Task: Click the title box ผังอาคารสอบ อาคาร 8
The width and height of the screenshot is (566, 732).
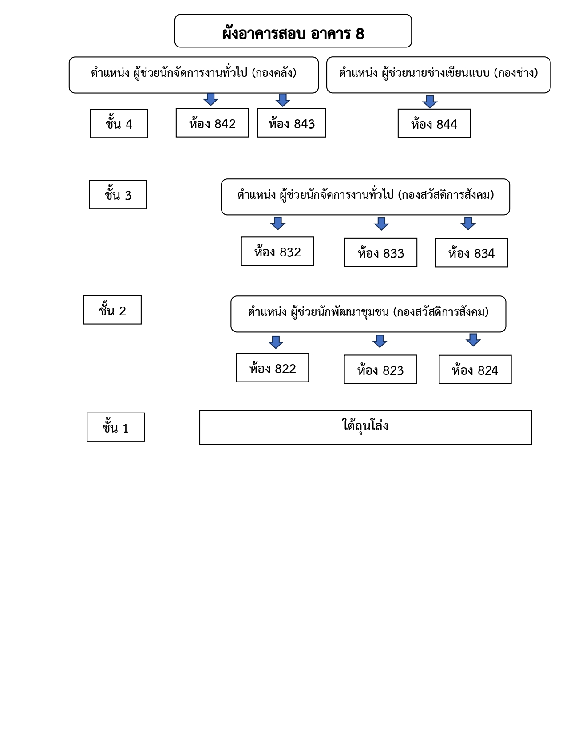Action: pos(293,31)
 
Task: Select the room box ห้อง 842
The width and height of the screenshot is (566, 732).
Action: pos(212,122)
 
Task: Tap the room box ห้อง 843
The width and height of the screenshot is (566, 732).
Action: pos(292,122)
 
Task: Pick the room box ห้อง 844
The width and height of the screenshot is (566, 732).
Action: pos(434,123)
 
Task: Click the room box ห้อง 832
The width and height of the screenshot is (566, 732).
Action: pos(277,251)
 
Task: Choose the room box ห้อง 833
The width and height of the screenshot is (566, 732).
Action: pos(380,252)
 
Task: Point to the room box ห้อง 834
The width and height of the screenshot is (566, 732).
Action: pos(471,252)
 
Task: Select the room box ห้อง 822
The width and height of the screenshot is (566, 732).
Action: pos(273,367)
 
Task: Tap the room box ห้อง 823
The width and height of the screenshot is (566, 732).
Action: pos(380,369)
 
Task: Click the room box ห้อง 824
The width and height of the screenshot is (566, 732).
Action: pos(475,370)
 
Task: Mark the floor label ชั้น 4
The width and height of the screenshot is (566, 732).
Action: pos(119,123)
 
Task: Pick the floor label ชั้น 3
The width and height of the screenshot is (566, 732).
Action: pos(118,194)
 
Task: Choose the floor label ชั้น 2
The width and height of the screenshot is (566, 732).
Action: pos(112,310)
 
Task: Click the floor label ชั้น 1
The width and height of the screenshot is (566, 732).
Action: pos(115,427)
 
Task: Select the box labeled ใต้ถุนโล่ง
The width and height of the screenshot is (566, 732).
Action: pos(365,427)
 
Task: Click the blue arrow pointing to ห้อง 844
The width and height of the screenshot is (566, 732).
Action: pos(430,102)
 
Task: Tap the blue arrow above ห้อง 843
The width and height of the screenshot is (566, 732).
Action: pos(283,100)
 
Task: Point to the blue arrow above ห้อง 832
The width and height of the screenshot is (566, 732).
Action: pos(278,223)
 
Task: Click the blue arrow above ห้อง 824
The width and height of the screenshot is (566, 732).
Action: pos(473,340)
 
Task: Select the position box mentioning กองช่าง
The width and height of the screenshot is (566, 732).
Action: pos(438,75)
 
